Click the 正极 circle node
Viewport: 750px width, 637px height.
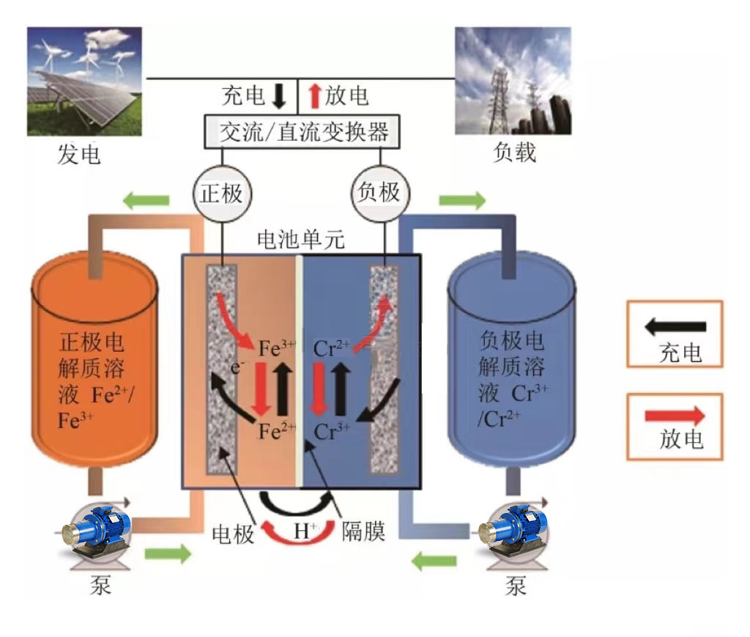pyautogui.click(x=221, y=194)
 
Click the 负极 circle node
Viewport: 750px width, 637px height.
pyautogui.click(x=381, y=193)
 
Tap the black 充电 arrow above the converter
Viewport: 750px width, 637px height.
pyautogui.click(x=278, y=95)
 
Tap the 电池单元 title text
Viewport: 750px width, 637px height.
pyautogui.click(x=301, y=239)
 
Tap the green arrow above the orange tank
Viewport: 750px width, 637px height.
pyautogui.click(x=146, y=199)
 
